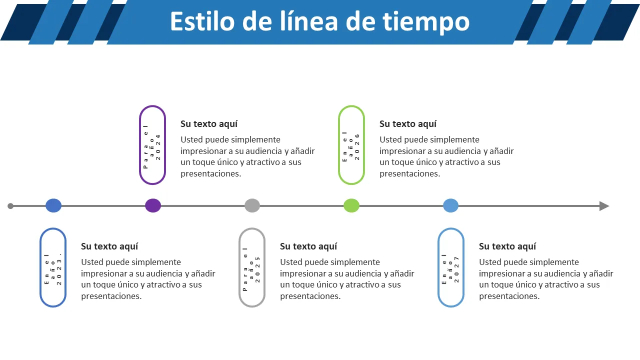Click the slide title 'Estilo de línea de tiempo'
(x=319, y=21)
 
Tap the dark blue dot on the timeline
(x=53, y=205)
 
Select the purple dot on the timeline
(x=153, y=205)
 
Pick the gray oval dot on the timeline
(x=252, y=205)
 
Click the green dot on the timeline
(x=351, y=205)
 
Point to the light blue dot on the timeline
(x=450, y=205)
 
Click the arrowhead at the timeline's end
(x=604, y=206)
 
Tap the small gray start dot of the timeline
(x=10, y=205)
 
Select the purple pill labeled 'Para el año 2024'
(x=152, y=145)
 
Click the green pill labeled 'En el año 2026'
(x=351, y=145)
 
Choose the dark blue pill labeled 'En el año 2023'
(x=53, y=267)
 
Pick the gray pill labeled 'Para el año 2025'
(x=252, y=267)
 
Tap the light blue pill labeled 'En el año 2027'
(x=451, y=267)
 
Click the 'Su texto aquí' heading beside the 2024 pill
(x=209, y=124)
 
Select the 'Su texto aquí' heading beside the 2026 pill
(x=408, y=124)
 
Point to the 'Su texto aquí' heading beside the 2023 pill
(x=109, y=246)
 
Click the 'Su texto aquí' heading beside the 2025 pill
(x=308, y=246)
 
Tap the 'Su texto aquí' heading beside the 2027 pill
(x=507, y=246)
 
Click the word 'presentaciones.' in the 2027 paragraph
(x=509, y=296)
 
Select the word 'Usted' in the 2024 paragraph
(x=191, y=139)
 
